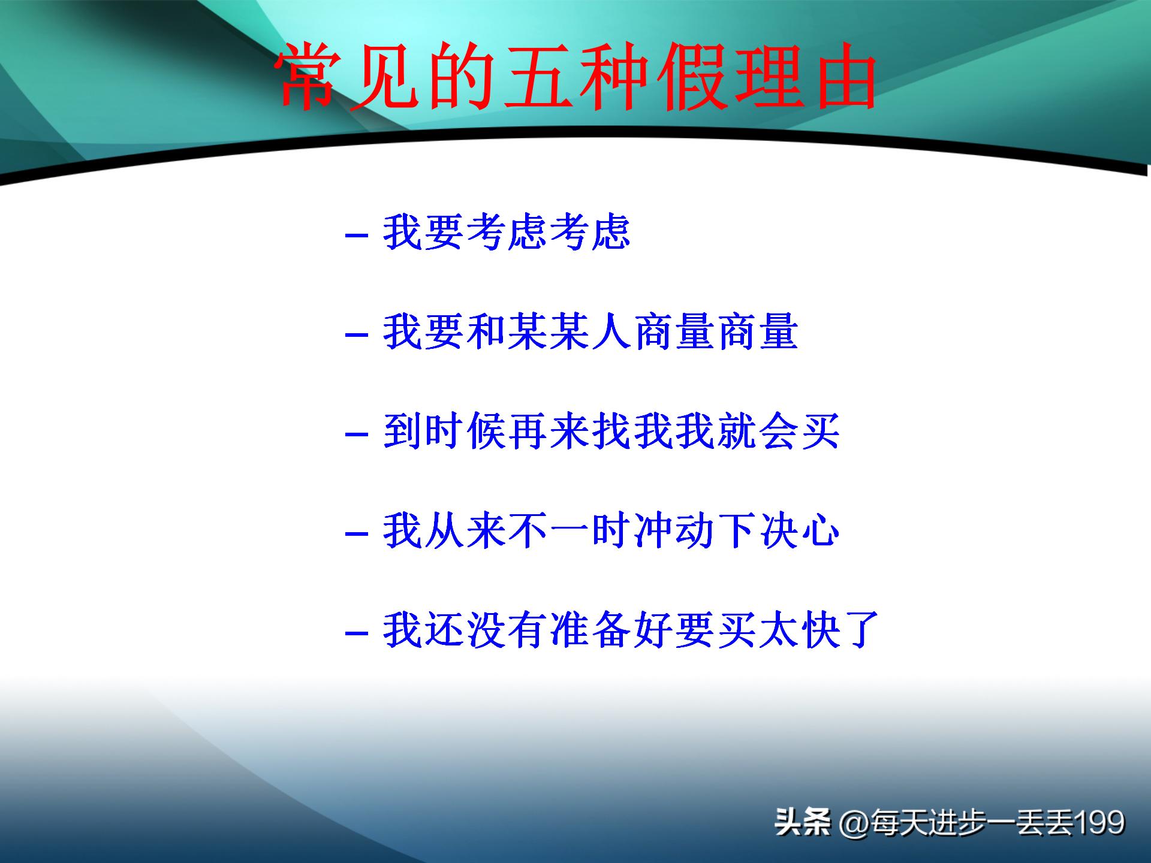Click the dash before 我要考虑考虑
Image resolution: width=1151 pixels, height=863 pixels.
(357, 235)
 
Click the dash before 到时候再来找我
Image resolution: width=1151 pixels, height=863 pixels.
(357, 434)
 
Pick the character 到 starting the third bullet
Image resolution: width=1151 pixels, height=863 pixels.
(402, 431)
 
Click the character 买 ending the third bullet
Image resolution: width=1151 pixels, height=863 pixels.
(820, 431)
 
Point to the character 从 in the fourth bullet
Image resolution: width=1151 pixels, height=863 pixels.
(444, 531)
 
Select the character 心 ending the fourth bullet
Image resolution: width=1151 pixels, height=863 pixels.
(820, 531)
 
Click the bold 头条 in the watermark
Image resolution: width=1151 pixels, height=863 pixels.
(802, 822)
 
